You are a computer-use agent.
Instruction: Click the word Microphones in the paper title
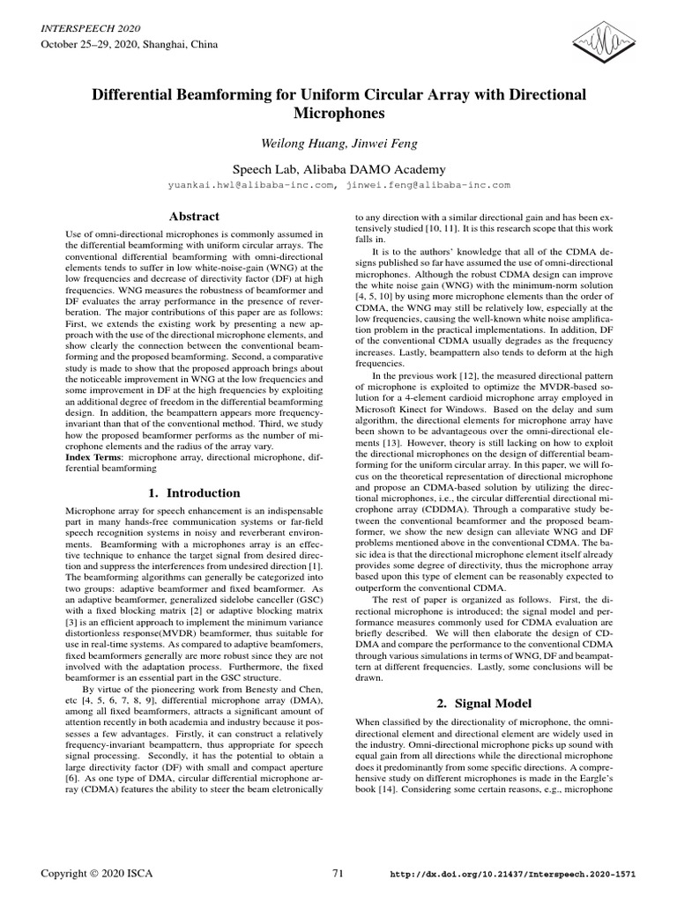338,114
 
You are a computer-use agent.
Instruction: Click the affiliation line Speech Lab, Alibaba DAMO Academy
338,169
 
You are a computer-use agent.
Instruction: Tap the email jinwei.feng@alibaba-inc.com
429,186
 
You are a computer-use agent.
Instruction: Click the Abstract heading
194,216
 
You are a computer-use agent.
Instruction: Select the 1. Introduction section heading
194,493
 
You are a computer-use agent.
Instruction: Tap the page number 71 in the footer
338,873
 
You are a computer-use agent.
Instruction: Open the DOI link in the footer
512,874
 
